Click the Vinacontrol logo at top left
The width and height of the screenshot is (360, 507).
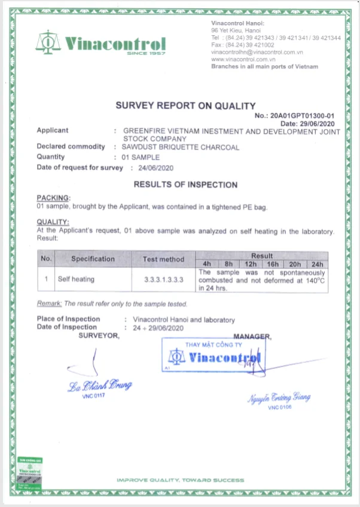[100, 43]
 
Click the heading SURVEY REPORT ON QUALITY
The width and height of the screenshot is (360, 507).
[185, 106]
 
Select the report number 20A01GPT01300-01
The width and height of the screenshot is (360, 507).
[303, 115]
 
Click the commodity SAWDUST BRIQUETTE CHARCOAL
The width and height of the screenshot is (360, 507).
[180, 146]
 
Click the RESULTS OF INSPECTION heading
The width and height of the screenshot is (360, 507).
[185, 185]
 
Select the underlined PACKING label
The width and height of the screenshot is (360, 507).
[53, 197]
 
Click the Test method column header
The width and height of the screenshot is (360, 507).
[163, 259]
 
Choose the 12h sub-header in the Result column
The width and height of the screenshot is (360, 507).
[251, 263]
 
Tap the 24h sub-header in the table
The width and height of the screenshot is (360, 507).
[317, 263]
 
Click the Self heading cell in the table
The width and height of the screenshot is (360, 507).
[76, 279]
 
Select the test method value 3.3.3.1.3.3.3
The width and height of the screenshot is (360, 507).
[163, 279]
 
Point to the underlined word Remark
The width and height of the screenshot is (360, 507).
[49, 304]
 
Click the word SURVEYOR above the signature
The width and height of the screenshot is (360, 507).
[99, 335]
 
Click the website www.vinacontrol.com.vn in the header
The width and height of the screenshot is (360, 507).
[242, 59]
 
